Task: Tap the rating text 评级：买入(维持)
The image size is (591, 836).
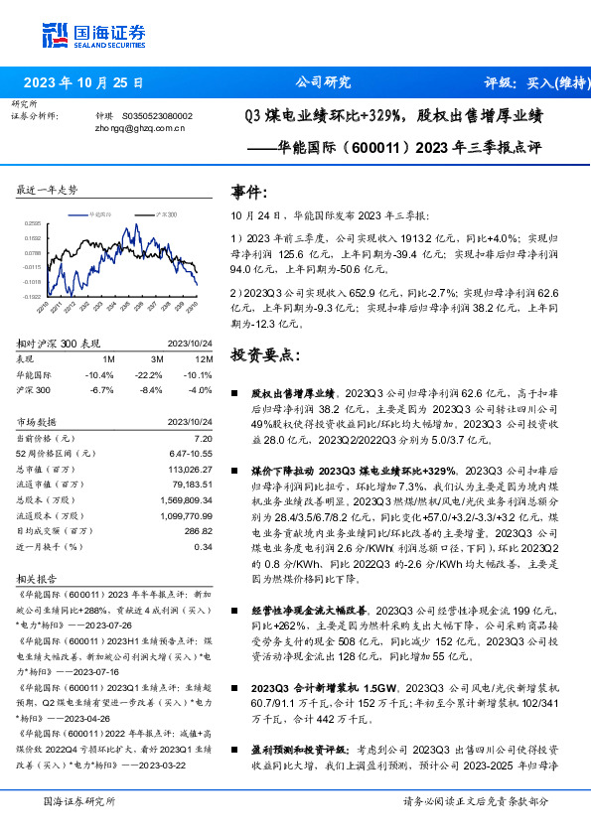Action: point(532,82)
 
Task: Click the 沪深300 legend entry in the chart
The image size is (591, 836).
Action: point(165,213)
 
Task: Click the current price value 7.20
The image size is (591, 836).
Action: point(203,437)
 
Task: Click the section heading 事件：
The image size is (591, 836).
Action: point(249,191)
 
